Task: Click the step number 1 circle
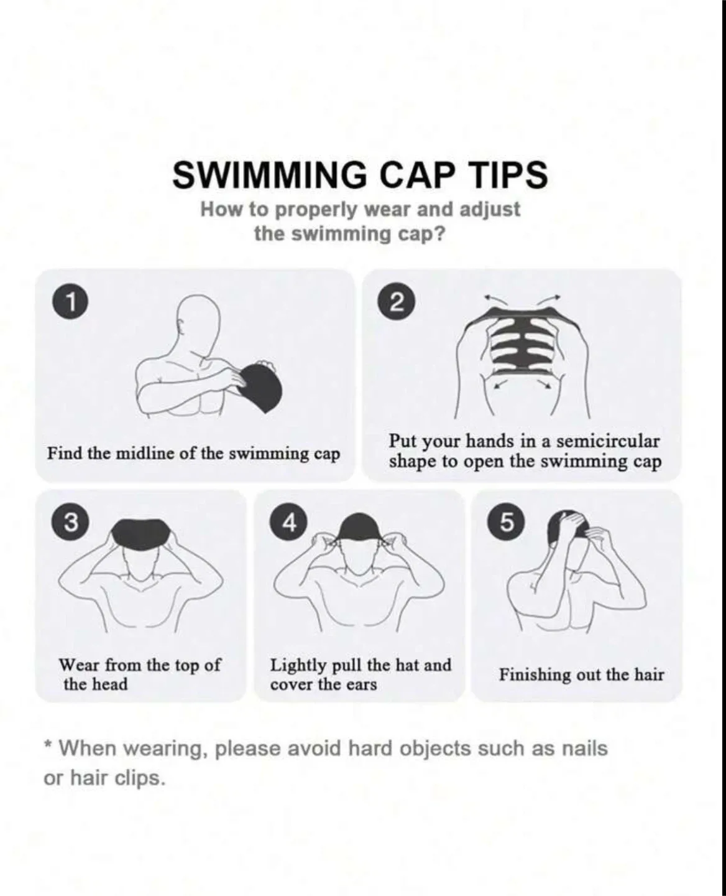pos(73,303)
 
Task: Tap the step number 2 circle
pos(398,303)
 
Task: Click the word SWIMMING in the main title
pos(269,175)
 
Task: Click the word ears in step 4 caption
pos(361,685)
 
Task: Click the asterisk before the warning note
pos(48,745)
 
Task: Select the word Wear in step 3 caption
pos(79,665)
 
